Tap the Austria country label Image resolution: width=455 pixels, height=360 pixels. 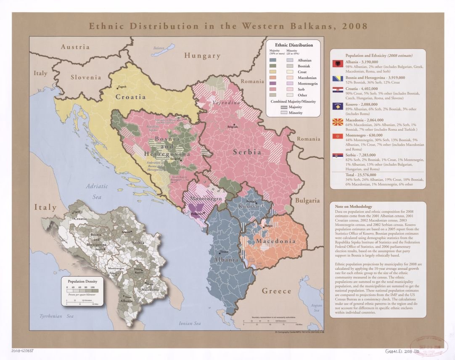pyautogui.click(x=75, y=47)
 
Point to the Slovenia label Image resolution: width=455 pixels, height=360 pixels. pyautogui.click(x=86, y=77)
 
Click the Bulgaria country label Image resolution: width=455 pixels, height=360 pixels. pyautogui.click(x=307, y=201)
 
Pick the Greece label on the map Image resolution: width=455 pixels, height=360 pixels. pyautogui.click(x=276, y=291)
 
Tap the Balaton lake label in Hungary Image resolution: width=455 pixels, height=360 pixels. pyautogui.click(x=159, y=48)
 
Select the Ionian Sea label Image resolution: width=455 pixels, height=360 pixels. pyautogui.click(x=190, y=323)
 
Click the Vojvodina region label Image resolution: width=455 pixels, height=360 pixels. pyautogui.click(x=226, y=103)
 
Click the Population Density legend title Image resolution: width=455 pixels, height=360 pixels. pyautogui.click(x=79, y=281)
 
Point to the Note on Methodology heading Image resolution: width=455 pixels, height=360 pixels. pyautogui.click(x=353, y=207)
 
